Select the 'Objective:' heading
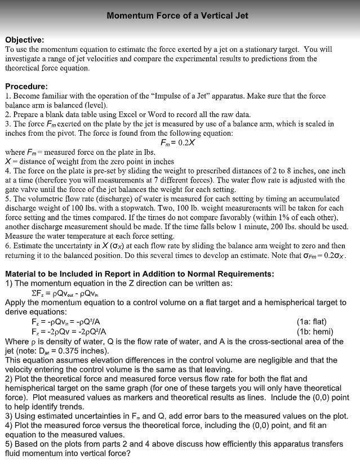[24, 40]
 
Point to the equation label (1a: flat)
[311, 322]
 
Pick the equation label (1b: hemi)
[311, 331]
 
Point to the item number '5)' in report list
[9, 444]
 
